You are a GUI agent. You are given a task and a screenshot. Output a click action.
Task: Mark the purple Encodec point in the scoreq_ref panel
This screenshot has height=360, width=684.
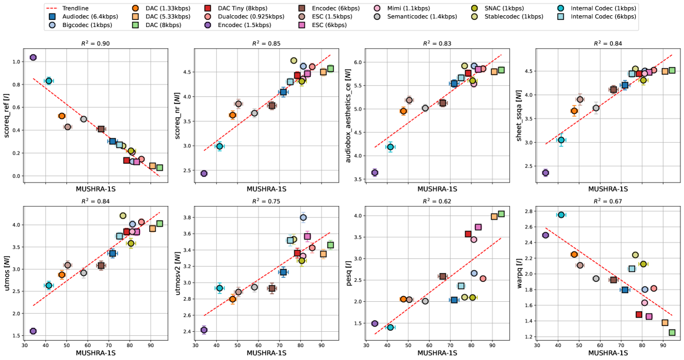point(33,58)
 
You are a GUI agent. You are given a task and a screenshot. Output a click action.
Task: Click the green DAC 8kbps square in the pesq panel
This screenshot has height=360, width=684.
point(501,214)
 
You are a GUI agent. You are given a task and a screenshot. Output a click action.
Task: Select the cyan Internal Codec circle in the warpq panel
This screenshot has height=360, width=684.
point(561,215)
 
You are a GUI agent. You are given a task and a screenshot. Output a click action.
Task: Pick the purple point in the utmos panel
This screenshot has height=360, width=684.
point(33,331)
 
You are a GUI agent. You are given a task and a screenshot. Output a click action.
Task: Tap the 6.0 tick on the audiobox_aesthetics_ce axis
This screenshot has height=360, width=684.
point(360,62)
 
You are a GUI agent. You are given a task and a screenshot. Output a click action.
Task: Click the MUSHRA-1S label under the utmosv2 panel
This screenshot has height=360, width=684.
point(267,354)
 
